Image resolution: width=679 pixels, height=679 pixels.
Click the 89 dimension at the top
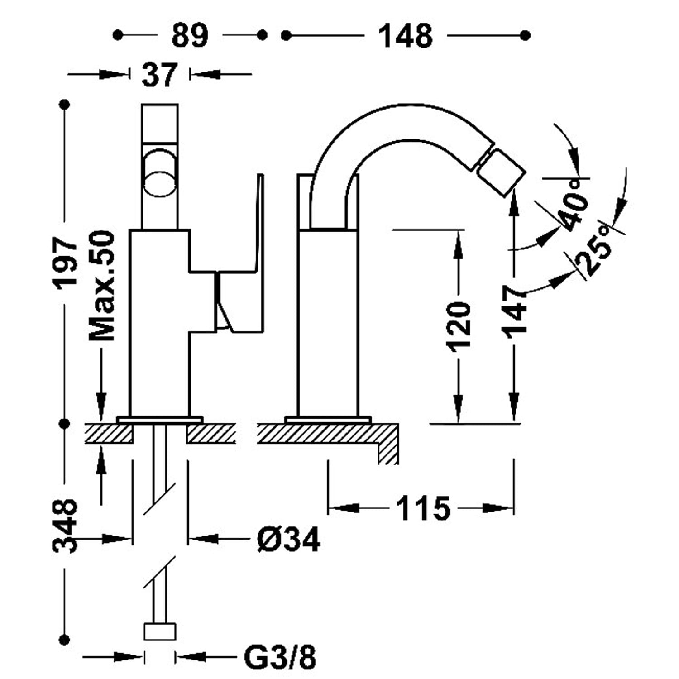click(190, 35)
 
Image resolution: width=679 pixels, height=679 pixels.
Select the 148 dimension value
click(406, 35)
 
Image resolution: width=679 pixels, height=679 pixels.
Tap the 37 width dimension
click(159, 75)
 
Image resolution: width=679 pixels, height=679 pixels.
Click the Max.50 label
click(102, 286)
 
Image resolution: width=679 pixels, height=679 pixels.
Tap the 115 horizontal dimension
click(423, 508)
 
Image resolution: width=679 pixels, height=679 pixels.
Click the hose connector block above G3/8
click(159, 631)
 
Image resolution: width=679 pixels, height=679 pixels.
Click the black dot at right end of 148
click(526, 35)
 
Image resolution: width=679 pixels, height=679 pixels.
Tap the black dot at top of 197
click(66, 105)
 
